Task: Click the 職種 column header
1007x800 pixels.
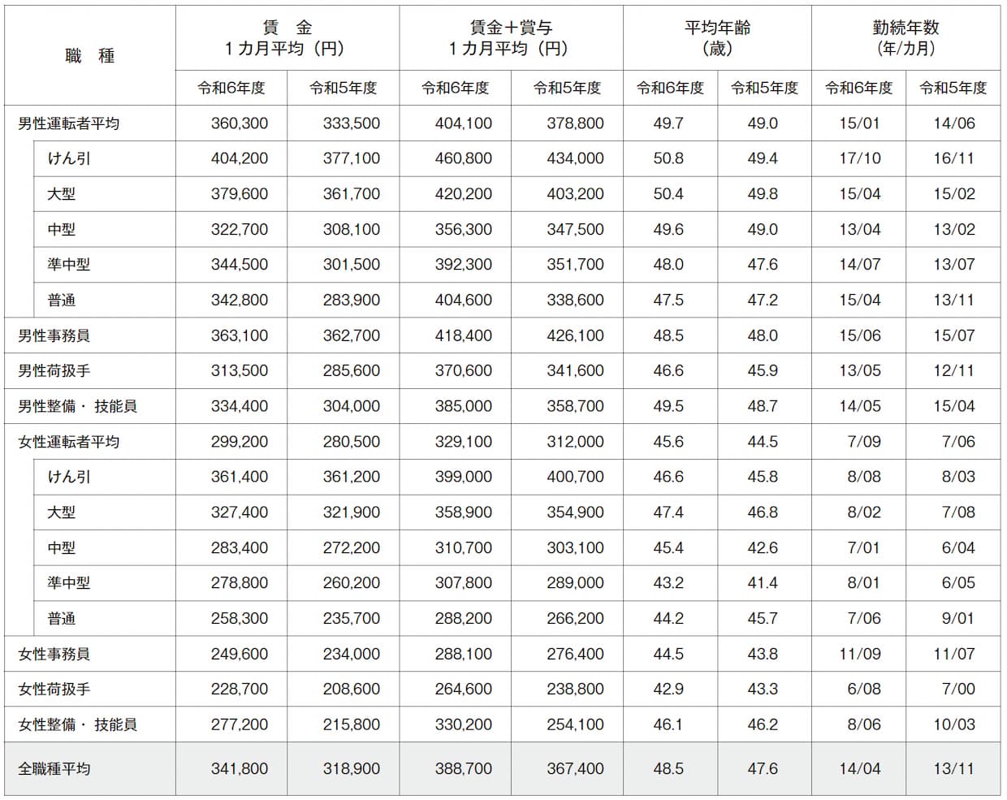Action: coord(90,56)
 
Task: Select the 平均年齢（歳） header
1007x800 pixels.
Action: coord(717,38)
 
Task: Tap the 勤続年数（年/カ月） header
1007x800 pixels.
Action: coord(905,38)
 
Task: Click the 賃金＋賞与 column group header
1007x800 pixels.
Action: coord(511,38)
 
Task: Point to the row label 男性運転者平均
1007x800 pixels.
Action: coord(69,123)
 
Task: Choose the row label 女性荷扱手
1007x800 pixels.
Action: coord(54,689)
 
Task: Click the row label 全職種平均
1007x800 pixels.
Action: coord(54,768)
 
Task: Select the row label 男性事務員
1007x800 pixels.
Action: coord(54,335)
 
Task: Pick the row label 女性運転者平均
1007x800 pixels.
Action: coord(69,442)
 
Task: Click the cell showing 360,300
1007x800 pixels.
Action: coord(240,123)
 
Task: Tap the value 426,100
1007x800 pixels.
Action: coord(575,335)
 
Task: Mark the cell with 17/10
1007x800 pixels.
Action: coord(859,158)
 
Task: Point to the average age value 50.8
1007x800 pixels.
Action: coord(668,158)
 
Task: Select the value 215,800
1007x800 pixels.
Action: coord(352,724)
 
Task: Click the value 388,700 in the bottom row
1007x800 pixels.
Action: coord(464,768)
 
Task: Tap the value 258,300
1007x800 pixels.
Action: coord(240,618)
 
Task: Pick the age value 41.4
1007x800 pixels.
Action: coord(763,583)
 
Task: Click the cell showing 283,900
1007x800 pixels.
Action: coord(352,300)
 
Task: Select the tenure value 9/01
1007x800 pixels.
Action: coord(957,618)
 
